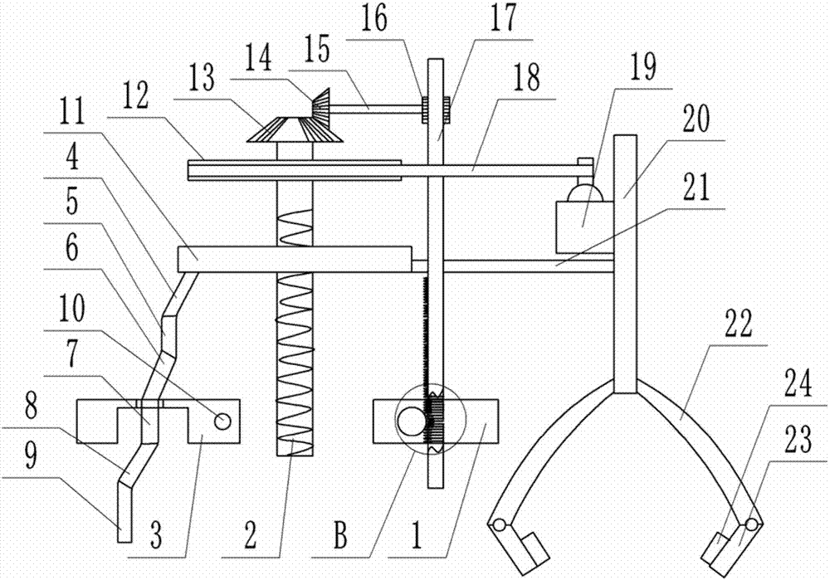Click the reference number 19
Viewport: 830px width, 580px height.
coord(643,68)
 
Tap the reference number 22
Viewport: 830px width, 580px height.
coord(739,324)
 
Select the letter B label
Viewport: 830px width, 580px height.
coord(341,534)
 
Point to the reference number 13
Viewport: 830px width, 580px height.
coord(202,78)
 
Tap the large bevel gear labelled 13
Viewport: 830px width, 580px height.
coord(295,130)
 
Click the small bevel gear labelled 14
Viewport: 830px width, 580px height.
coord(320,104)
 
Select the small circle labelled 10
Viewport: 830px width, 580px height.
coord(222,422)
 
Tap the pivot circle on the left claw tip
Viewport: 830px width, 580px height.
coord(499,524)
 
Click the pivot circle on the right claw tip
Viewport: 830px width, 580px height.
coord(751,524)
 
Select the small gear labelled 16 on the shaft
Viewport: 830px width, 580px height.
coord(424,110)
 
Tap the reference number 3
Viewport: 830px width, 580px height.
coord(156,535)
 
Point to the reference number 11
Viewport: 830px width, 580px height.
coord(71,112)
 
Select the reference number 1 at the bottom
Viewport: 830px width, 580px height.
coord(417,535)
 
